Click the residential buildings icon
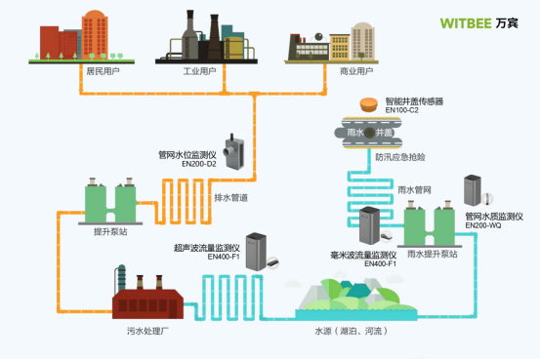pyautogui.click(x=75, y=37)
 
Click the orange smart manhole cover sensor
pyautogui.click(x=369, y=103)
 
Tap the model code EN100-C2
pyautogui.click(x=402, y=110)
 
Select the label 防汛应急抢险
pyautogui.click(x=398, y=156)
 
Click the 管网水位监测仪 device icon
pyautogui.click(x=233, y=149)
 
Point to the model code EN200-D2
pyautogui.click(x=201, y=163)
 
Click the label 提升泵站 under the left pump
pyautogui.click(x=109, y=231)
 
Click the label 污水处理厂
pyautogui.click(x=145, y=332)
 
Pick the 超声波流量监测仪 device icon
pyautogui.click(x=256, y=252)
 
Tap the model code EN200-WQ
pyautogui.click(x=485, y=226)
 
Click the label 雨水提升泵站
pyautogui.click(x=431, y=254)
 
